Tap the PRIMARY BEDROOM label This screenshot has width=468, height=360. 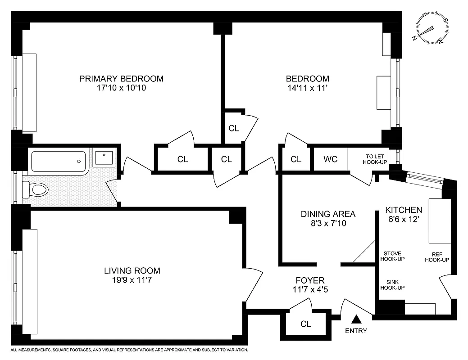click(121, 79)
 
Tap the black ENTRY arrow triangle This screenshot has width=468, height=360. click(357, 319)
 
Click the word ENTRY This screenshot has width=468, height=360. click(356, 331)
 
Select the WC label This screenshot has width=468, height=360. click(330, 159)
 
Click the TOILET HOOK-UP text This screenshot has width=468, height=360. click(375, 159)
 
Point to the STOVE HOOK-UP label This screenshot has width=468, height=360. click(392, 256)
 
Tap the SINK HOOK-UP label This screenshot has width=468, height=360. click(392, 285)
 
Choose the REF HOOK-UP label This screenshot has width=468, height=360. click(437, 256)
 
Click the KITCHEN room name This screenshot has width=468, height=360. click(404, 210)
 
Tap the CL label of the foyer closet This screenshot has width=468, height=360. click(305, 324)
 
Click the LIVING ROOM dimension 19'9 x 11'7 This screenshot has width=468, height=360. click(132, 280)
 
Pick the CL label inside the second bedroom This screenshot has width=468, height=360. click(234, 128)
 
